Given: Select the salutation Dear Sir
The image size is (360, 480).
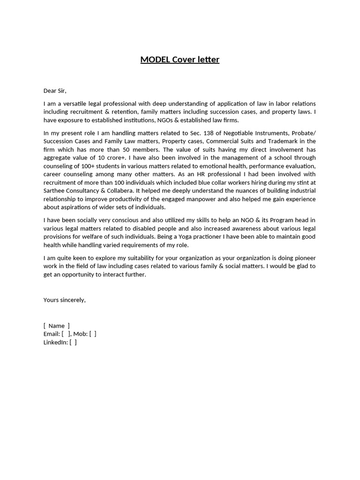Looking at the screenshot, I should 55,90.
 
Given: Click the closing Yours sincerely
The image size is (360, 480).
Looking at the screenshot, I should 65,300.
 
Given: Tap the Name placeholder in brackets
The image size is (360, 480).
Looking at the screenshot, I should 56,326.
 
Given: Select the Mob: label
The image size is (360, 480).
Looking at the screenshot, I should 80,334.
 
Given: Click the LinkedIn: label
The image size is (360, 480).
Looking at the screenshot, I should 55,342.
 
